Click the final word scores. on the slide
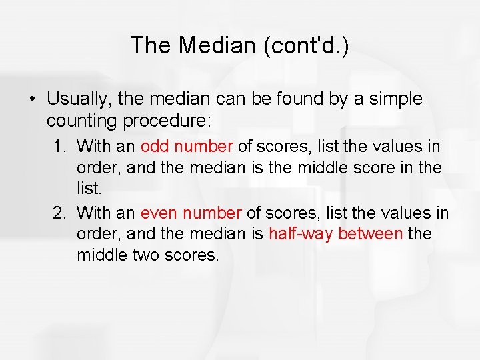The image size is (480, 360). (193, 255)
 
